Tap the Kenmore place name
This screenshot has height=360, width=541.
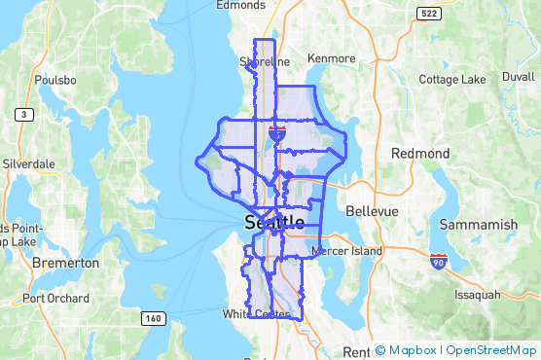[x=331, y=58]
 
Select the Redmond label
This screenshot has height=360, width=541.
[x=419, y=154]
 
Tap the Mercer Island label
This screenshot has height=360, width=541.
[x=347, y=251]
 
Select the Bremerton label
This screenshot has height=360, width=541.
[x=66, y=263]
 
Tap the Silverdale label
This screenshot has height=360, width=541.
[x=28, y=164]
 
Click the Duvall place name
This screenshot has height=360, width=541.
[x=519, y=75]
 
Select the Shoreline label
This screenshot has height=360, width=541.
[x=265, y=61]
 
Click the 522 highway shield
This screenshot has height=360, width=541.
[x=427, y=13]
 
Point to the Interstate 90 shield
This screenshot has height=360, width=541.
[x=439, y=261]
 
